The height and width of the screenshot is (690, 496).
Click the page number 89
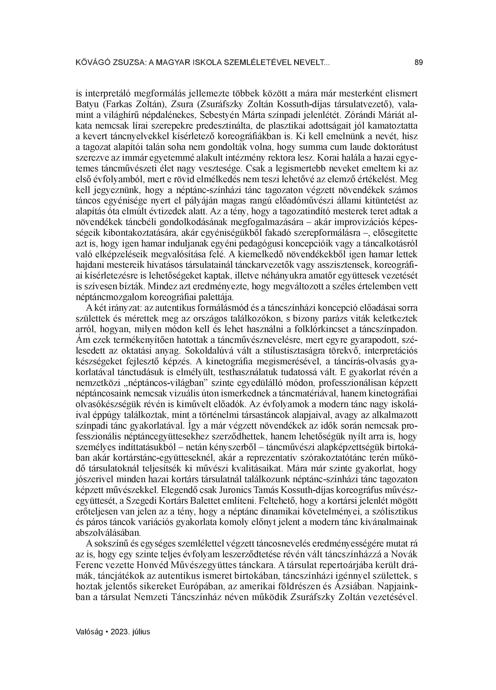418,63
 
